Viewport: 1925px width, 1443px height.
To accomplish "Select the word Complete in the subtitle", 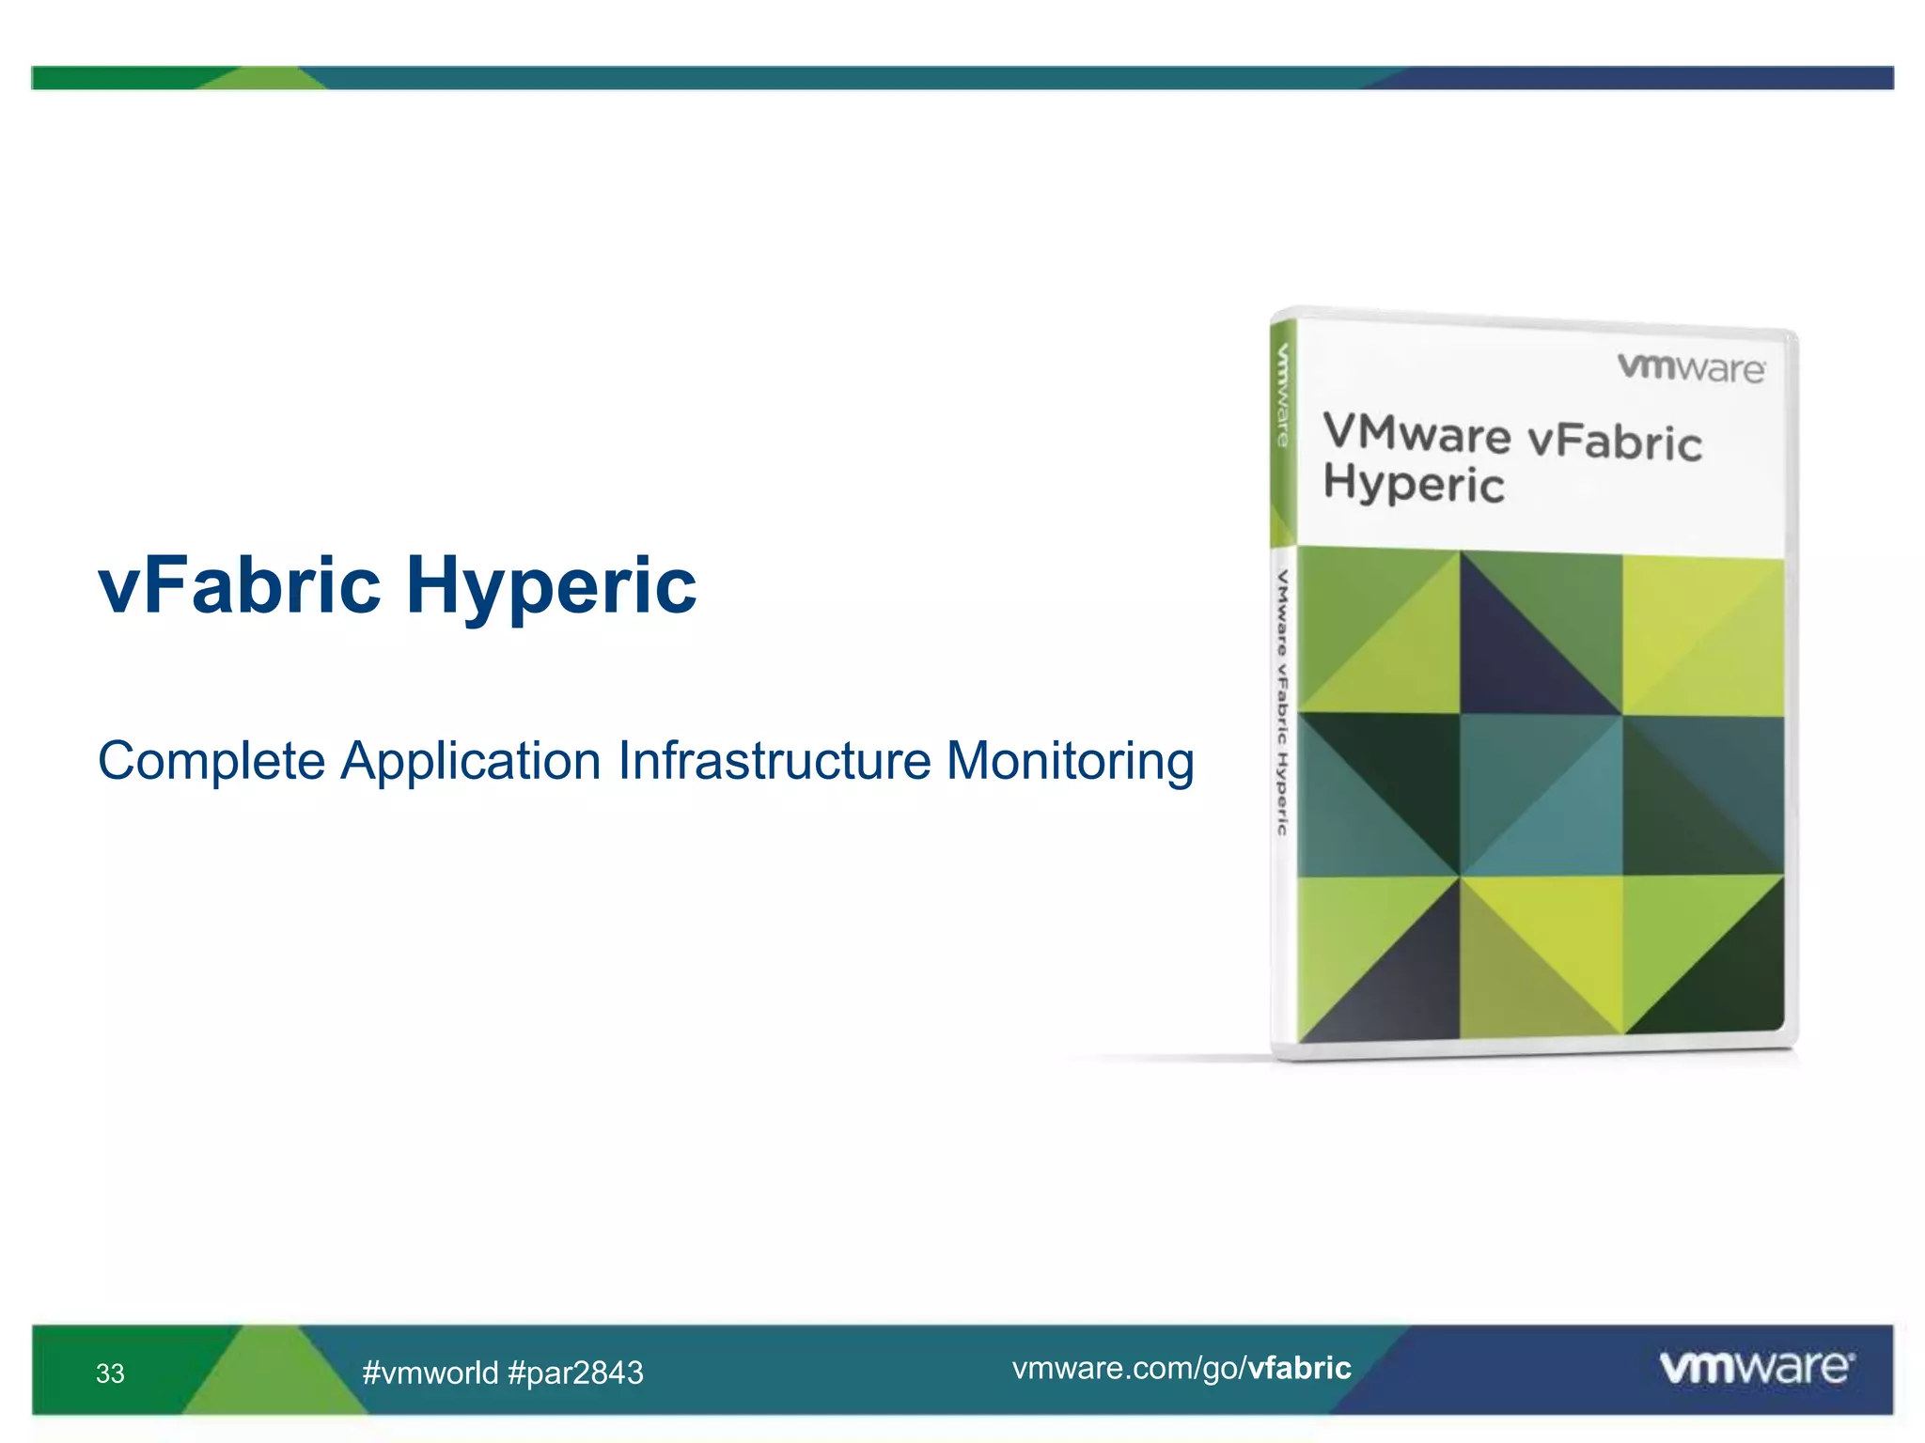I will click(211, 761).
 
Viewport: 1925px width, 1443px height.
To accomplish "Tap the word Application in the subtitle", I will click(470, 761).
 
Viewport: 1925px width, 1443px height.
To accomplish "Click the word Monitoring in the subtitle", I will click(1070, 761).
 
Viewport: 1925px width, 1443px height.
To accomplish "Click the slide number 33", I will click(110, 1373).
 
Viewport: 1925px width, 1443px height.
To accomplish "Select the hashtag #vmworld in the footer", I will click(430, 1373).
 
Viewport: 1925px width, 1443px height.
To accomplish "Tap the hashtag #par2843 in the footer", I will click(575, 1373).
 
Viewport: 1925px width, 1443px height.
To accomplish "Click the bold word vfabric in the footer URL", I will click(1299, 1368).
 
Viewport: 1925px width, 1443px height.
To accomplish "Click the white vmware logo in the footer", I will click(1756, 1367).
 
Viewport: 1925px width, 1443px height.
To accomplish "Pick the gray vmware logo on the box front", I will click(1690, 367).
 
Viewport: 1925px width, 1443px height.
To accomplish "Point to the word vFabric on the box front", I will click(1614, 442).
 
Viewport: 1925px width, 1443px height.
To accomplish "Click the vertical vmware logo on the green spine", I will click(1282, 395).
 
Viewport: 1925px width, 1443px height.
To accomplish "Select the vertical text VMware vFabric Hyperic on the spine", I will click(1282, 702).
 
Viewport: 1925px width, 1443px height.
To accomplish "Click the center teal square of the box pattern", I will click(1541, 795).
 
